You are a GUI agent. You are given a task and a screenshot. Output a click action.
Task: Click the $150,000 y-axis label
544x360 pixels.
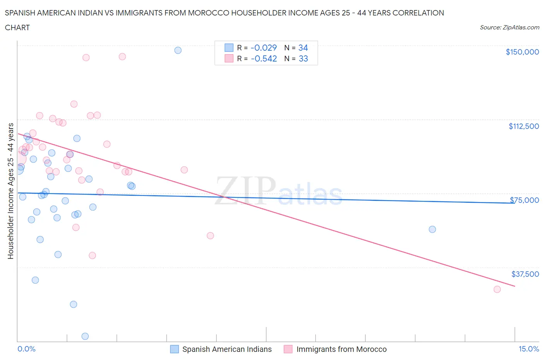tap(522, 52)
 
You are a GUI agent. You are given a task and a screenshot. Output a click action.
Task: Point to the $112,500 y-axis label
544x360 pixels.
tap(523, 126)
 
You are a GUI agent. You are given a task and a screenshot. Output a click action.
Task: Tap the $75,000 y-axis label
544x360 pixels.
tap(524, 200)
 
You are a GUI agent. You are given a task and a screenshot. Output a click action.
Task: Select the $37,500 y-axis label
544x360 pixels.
tap(525, 274)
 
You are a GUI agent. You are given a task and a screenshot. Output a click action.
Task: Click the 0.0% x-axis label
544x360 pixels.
tap(26, 349)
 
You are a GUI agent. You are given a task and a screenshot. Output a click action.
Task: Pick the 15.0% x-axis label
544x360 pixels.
tap(529, 349)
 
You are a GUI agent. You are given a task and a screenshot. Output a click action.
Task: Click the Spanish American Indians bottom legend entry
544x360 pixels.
tap(227, 349)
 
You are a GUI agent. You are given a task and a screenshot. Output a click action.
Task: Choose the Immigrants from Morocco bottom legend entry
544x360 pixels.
tap(341, 349)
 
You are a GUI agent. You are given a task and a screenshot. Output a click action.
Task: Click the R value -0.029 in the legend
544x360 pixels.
tap(263, 48)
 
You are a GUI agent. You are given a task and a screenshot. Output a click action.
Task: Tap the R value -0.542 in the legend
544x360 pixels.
tap(263, 58)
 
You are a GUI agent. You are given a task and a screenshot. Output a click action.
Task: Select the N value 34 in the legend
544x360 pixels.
tap(303, 48)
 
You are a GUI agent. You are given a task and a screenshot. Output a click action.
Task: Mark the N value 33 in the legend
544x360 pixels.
tap(303, 58)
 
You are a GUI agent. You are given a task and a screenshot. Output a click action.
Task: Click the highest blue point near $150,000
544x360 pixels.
tap(178, 50)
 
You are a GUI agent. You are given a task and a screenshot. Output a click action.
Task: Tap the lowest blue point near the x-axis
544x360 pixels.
tap(85, 336)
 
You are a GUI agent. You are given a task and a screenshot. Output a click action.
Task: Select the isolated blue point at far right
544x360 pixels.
tap(432, 230)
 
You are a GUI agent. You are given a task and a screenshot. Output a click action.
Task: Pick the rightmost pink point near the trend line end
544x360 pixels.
tap(497, 290)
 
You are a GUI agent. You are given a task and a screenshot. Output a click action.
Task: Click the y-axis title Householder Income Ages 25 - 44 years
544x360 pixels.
tap(10, 191)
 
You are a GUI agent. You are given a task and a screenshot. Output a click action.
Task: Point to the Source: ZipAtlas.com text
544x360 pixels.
tap(509, 27)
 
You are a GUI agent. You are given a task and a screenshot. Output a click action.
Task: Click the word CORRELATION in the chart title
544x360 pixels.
tap(418, 13)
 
